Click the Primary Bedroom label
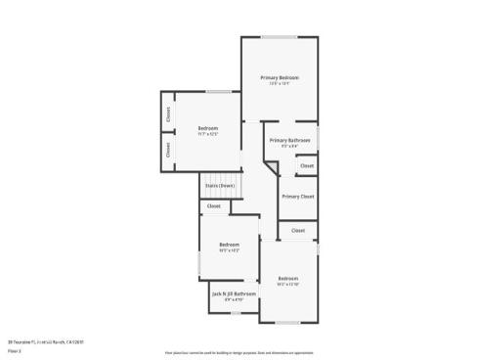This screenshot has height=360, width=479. tap(279, 77)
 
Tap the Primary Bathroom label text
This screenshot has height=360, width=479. tap(290, 140)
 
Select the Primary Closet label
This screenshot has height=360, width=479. tap(297, 197)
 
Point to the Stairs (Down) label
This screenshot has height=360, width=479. tap(219, 185)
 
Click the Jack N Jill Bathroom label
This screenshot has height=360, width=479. tap(234, 293)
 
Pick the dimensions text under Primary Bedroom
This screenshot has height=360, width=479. tap(280, 83)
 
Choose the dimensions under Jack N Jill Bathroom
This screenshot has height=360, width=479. tap(234, 299)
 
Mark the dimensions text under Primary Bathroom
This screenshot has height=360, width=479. tap(290, 146)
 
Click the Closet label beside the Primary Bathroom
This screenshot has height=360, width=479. tap(306, 166)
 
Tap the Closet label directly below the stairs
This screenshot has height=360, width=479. tap(214, 206)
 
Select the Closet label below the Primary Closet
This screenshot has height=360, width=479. tap(298, 231)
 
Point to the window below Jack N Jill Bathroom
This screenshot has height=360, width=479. tap(234, 313)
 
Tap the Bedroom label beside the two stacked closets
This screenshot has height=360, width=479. tap(207, 128)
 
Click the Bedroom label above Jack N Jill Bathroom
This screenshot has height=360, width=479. tap(229, 245)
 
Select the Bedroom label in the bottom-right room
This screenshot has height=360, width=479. tap(286, 279)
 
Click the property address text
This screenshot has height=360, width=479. tap(47, 341)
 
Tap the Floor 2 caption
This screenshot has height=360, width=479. tap(15, 350)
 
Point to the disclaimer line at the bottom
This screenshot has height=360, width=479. tap(239, 350)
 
